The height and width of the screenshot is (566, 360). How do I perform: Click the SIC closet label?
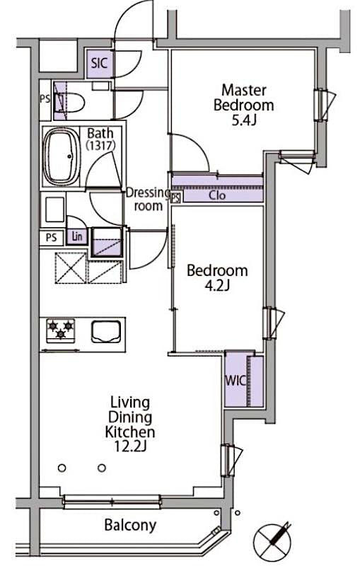tap(99, 63)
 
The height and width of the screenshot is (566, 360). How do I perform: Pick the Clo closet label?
tap(217, 195)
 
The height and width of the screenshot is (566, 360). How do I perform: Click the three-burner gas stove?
tap(60, 330)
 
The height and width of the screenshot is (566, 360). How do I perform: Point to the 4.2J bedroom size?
tap(216, 285)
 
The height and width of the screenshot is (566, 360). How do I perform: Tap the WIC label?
tap(235, 381)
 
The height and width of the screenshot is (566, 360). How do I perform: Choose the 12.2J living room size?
tap(130, 446)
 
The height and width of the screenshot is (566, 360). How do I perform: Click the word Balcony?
tap(130, 526)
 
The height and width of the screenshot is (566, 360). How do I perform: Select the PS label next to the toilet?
tap(45, 98)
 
